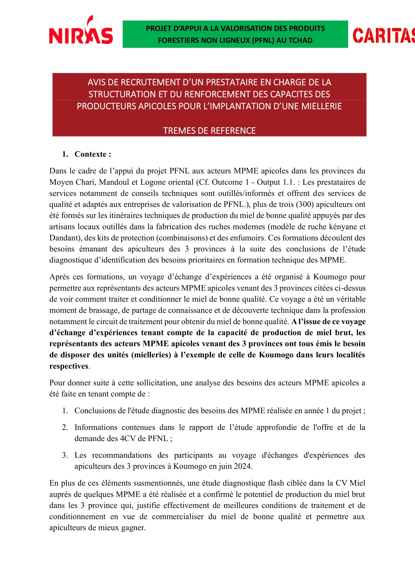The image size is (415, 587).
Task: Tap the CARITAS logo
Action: pyautogui.click(x=384, y=35)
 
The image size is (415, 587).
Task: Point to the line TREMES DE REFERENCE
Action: pyautogui.click(x=209, y=131)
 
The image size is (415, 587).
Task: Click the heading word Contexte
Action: pyautogui.click(x=90, y=154)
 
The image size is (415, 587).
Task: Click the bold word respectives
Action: pyautogui.click(x=69, y=366)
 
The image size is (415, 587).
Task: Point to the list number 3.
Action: pyautogui.click(x=65, y=455)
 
